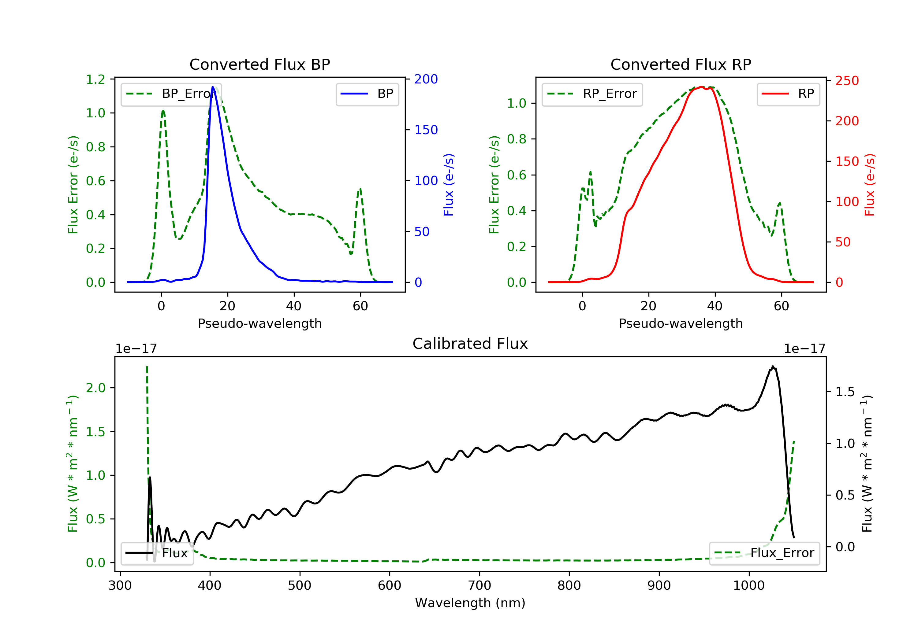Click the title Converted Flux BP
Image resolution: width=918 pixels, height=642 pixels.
point(259,64)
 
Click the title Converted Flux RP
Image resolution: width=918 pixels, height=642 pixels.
point(681,64)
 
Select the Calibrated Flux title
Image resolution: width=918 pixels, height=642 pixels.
point(470,344)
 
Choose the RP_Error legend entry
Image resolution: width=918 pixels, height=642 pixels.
point(592,94)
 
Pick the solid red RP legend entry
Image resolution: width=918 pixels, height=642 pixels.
point(788,94)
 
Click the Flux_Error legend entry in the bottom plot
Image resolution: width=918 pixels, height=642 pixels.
point(764,553)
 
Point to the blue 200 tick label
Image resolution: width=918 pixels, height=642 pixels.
point(426,79)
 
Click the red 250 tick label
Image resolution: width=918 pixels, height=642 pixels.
point(847,81)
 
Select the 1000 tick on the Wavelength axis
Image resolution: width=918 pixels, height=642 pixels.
point(748,586)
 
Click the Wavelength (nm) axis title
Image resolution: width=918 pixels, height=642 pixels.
point(470,603)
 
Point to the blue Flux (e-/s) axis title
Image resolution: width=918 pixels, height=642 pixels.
point(449,185)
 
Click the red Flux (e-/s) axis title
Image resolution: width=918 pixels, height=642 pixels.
point(870,185)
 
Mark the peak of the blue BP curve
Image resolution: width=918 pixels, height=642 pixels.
point(213,87)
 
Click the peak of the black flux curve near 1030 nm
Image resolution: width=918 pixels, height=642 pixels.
point(773,366)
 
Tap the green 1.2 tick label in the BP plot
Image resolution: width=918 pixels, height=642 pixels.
point(95,79)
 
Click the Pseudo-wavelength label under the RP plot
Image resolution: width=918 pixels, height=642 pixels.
point(681,323)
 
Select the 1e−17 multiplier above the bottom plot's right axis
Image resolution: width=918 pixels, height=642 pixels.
point(804,349)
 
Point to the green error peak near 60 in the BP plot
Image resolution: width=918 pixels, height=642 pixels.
point(360,189)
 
